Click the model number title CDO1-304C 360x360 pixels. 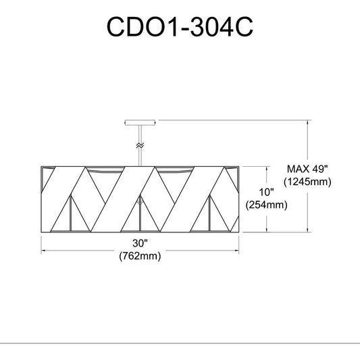pos(180,26)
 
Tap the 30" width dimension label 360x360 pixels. pos(140,243)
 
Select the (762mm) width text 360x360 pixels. pos(140,256)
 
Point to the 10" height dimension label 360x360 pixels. pos(267,192)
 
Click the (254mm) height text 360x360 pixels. pos(267,205)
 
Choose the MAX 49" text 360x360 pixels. pos(307,170)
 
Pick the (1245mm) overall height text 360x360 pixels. pos(307,182)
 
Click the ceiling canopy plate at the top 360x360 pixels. pos(140,122)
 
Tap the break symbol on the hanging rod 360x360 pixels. pos(140,145)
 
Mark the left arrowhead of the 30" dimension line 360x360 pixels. pos(43,251)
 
